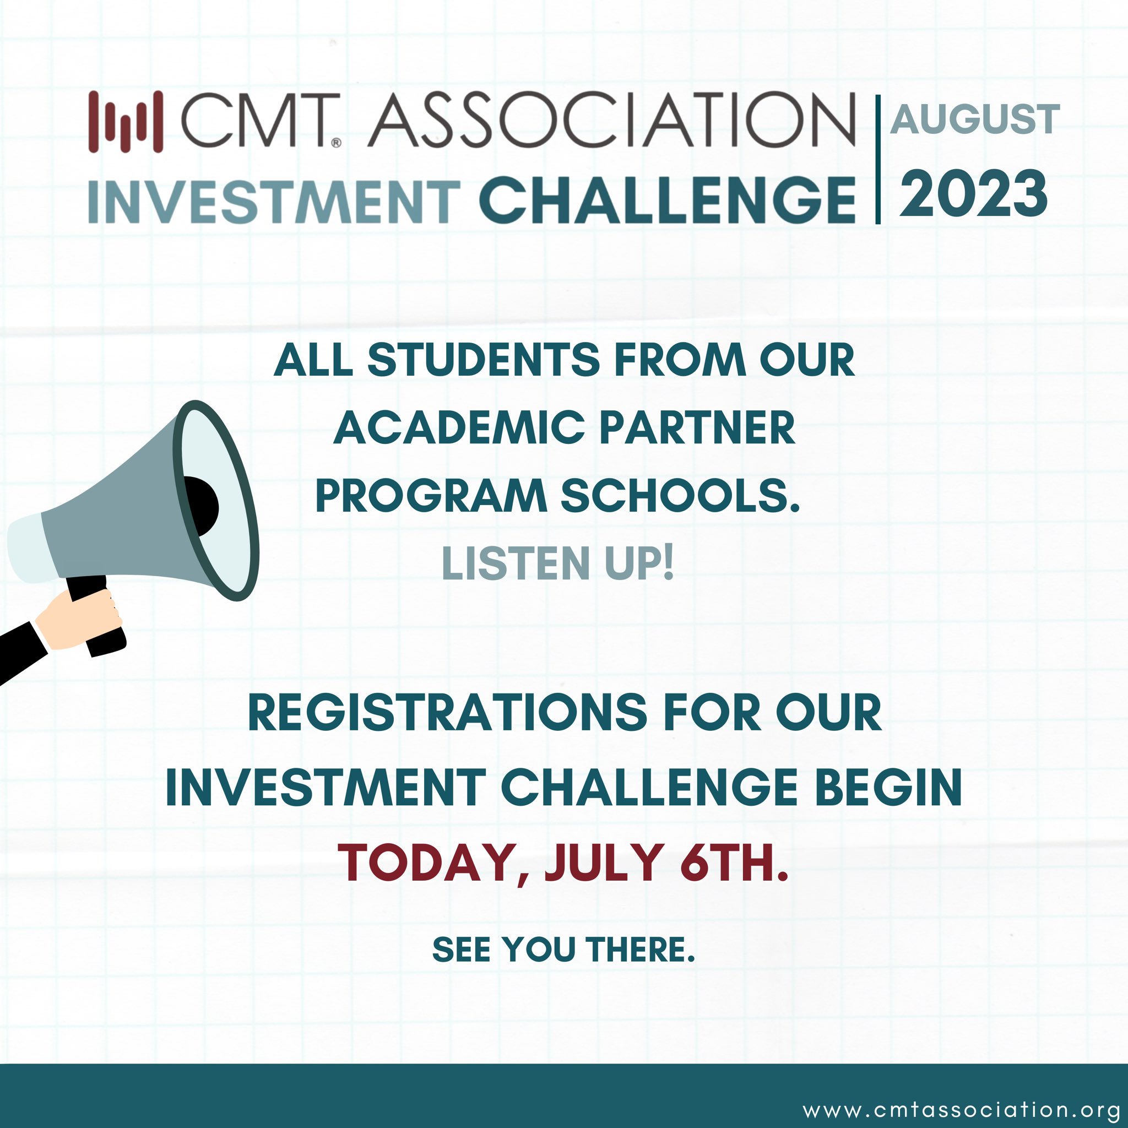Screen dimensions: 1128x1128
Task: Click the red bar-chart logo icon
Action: pyautogui.click(x=126, y=122)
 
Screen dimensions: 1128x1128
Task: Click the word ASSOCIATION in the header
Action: pyautogui.click(x=612, y=121)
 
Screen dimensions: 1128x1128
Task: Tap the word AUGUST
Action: pyautogui.click(x=974, y=119)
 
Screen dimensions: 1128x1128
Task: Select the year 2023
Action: pyautogui.click(x=973, y=194)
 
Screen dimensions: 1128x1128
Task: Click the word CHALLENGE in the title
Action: pyautogui.click(x=667, y=201)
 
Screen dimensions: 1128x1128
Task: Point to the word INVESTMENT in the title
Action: pyautogui.click(x=274, y=202)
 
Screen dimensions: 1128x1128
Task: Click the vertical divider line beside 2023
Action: pyautogui.click(x=877, y=159)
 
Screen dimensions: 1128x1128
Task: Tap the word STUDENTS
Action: pyautogui.click(x=484, y=360)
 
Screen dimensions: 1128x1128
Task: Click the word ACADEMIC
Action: pyautogui.click(x=459, y=428)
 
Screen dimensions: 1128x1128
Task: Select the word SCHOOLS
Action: pyautogui.click(x=680, y=496)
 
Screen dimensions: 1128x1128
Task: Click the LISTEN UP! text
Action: pyautogui.click(x=558, y=563)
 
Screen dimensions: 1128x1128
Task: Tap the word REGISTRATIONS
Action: pyautogui.click(x=447, y=713)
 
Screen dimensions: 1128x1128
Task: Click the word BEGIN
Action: pyautogui.click(x=888, y=788)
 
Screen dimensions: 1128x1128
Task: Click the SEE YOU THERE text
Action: pyautogui.click(x=563, y=949)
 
